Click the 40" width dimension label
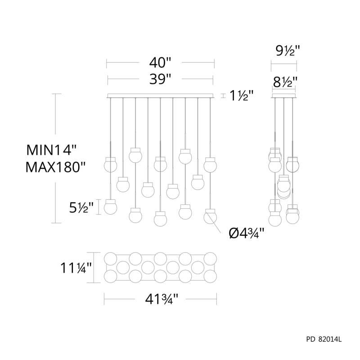160,62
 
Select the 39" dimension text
160,79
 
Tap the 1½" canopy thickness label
241,95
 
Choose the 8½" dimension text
285,82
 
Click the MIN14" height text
51,150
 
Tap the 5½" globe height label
81,207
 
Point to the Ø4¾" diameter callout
247,234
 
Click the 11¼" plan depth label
76,268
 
